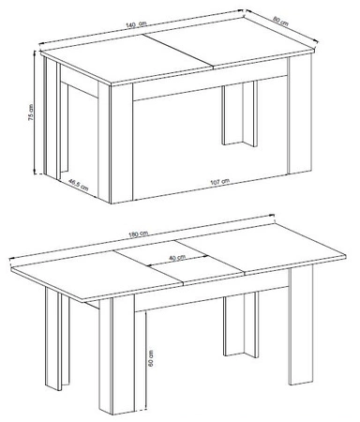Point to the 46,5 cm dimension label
click(78, 183)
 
